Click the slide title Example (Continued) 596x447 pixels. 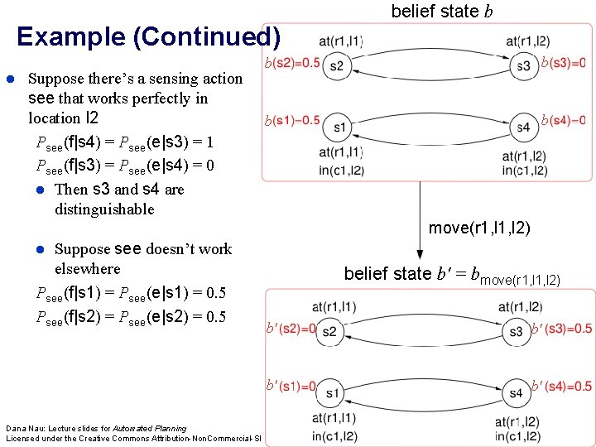pos(148,38)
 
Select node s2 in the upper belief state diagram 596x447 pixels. pos(336,66)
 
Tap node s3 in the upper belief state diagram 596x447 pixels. pos(523,66)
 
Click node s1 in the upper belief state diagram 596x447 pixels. pos(339,127)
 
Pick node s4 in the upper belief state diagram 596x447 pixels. pos(523,127)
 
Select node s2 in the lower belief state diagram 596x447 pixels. pos(330,332)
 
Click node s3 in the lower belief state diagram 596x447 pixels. pos(517,332)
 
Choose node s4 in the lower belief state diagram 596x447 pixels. pos(517,392)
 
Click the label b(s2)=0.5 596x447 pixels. pos(291,63)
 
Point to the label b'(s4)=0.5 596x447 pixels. pos(562,387)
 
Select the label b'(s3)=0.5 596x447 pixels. pos(562,329)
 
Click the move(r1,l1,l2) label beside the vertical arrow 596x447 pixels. pos(479,228)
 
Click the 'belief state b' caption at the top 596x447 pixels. pos(435,12)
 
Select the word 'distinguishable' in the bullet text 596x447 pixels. pos(104,209)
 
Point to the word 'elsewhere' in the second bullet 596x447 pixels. pos(87,269)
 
